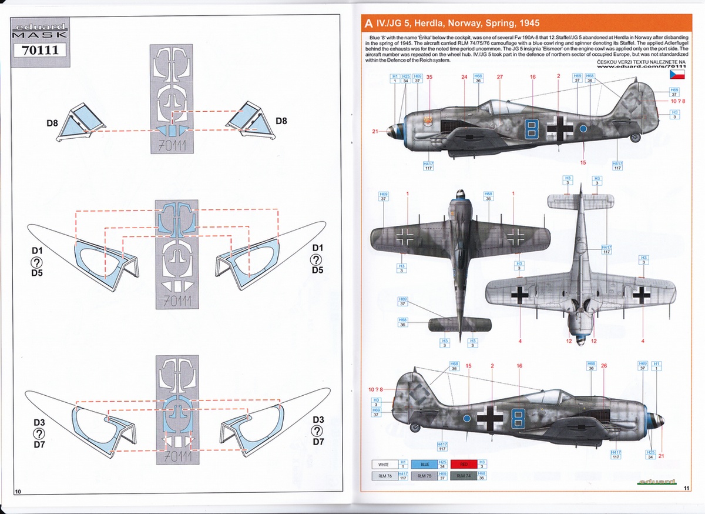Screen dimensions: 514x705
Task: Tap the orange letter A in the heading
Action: (x=368, y=24)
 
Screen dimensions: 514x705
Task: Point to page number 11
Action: (x=687, y=488)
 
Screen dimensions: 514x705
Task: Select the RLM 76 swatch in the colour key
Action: (x=386, y=475)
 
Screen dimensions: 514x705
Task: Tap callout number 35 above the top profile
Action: (x=429, y=77)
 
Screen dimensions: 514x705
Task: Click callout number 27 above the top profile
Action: (x=499, y=77)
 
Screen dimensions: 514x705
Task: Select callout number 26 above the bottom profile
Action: (x=603, y=366)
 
